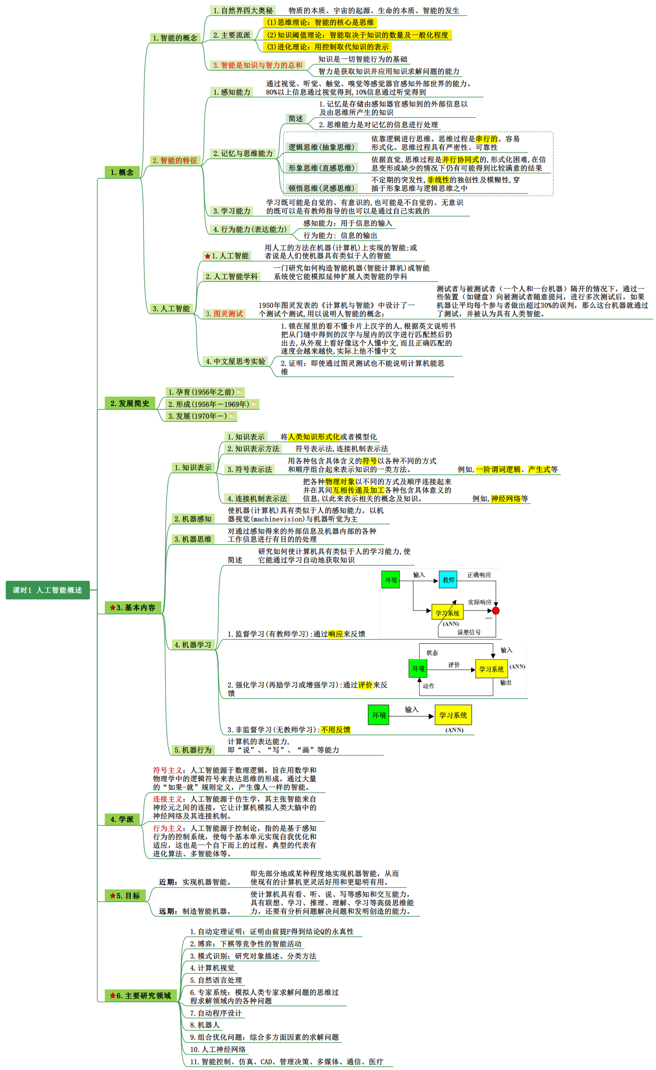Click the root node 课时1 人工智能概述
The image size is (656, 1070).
point(47,590)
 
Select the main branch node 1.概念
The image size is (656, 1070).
point(122,172)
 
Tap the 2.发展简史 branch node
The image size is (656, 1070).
point(129,403)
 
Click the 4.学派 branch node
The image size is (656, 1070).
point(122,819)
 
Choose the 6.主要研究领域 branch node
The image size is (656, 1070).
point(140,995)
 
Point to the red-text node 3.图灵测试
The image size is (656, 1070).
point(224,314)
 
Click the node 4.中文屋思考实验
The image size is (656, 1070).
point(235,361)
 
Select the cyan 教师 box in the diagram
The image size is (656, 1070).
point(448,580)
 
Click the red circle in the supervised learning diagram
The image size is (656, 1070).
point(496,611)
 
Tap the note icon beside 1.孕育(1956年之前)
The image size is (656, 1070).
point(239,392)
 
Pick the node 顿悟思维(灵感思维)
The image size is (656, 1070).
point(321,188)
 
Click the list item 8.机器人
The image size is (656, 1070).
point(205,1025)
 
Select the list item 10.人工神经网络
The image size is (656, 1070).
point(218,1049)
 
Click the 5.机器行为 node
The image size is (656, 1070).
point(193,750)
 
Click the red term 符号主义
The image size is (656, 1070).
point(167,770)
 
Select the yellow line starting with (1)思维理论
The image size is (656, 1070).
point(320,22)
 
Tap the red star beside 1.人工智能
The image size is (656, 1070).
point(207,256)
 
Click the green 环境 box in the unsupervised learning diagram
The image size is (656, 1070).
point(378,715)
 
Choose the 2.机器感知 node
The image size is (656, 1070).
point(193,519)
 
